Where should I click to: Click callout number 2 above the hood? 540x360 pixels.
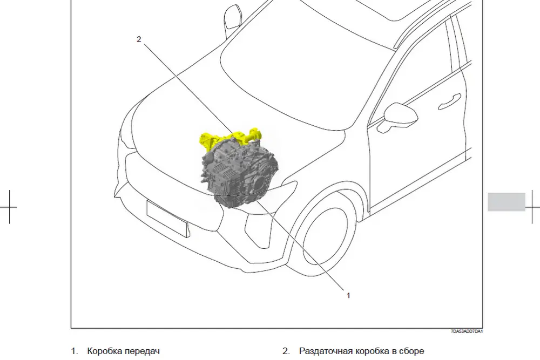coord(139,39)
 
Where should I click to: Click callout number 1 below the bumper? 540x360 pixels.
coord(348,295)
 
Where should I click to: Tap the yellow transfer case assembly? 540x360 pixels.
coord(228,138)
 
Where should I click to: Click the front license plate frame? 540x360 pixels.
coord(168,219)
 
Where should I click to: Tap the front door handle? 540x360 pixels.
coord(449,102)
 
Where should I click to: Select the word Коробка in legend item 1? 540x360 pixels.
coord(104,351)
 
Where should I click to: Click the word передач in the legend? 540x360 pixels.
coord(142,351)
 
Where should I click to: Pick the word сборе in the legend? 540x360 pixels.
coord(411,351)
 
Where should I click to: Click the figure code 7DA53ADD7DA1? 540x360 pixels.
coord(467,331)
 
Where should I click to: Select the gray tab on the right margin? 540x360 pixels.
coord(507,202)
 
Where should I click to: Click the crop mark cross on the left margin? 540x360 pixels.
coord(9,207)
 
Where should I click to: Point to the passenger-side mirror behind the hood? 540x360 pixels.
coord(233,17)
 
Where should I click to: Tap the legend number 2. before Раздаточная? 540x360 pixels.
coord(286,351)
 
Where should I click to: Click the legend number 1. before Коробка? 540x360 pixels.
coord(75,351)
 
